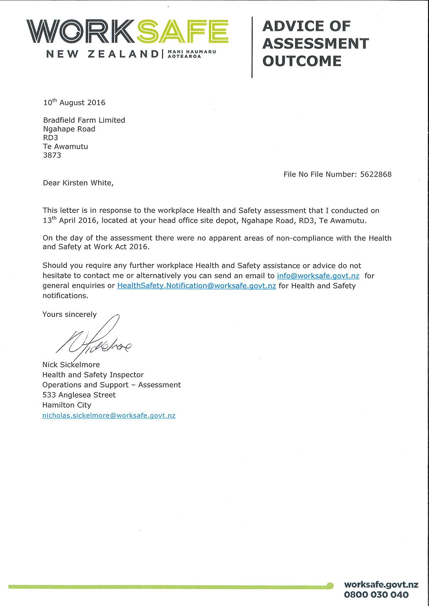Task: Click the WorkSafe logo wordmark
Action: (x=127, y=32)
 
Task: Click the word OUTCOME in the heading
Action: (x=302, y=61)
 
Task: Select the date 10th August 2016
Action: (x=74, y=102)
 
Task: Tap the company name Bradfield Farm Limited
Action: (x=84, y=120)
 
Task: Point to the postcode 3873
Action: (x=52, y=155)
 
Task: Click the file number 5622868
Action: (x=376, y=175)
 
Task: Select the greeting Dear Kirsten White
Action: (x=78, y=183)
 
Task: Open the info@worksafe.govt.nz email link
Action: (x=318, y=276)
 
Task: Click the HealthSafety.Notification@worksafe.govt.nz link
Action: (x=197, y=286)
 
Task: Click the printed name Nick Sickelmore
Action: (x=71, y=365)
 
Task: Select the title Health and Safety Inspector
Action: (x=93, y=375)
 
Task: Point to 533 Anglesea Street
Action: (x=79, y=395)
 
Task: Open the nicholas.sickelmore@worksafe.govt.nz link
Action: (x=109, y=416)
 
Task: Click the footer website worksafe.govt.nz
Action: (x=381, y=585)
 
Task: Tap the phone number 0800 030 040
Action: (x=376, y=595)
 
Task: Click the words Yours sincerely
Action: (x=70, y=314)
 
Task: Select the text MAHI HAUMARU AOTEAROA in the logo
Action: (x=191, y=54)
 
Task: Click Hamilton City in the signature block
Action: (x=67, y=405)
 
